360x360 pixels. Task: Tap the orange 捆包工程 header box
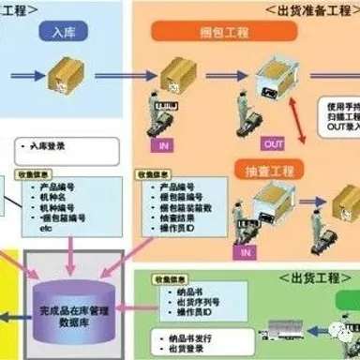coord(202,34)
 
